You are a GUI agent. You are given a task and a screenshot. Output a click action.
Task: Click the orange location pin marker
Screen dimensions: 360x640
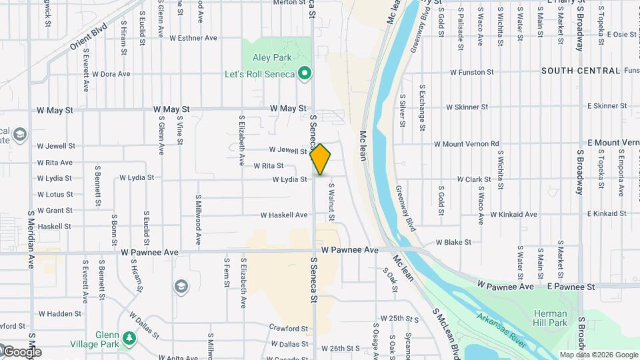321,159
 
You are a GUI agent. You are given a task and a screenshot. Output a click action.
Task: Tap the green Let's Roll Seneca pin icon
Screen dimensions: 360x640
305,73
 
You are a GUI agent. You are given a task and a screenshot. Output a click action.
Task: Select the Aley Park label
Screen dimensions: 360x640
272,58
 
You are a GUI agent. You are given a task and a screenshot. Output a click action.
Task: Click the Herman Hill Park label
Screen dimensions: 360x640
550,318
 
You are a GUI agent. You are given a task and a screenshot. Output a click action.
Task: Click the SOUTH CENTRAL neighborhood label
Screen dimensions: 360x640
581,71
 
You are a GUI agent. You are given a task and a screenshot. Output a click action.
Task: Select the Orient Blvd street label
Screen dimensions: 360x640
88,38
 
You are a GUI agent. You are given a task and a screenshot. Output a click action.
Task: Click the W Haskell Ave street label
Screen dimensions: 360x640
284,215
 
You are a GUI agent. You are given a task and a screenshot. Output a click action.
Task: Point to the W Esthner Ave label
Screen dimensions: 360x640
193,38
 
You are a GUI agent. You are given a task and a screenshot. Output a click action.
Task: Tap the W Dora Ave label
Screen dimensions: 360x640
111,74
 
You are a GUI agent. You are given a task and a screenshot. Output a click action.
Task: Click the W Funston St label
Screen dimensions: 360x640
471,71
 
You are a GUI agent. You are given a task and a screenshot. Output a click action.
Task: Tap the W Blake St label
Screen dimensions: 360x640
453,242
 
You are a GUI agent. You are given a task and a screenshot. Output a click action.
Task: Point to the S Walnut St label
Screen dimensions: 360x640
331,203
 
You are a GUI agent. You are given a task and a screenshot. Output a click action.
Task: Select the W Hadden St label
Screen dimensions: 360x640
59,313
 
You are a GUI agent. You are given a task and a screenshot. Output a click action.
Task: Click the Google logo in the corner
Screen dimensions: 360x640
21,351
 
